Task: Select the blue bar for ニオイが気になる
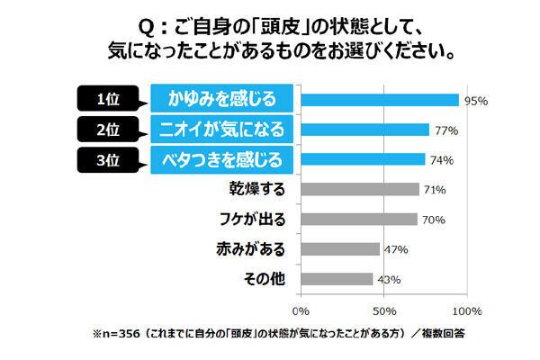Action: (x=364, y=130)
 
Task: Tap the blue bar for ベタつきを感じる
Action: (x=363, y=159)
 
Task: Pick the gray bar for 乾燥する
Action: (x=360, y=189)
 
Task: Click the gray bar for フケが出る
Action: (x=359, y=219)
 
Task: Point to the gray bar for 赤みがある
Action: (x=340, y=248)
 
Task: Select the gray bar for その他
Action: (x=337, y=279)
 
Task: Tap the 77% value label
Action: (x=445, y=130)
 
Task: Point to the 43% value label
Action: (x=388, y=280)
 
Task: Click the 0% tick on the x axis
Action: (x=301, y=310)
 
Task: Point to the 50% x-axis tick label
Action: (x=384, y=310)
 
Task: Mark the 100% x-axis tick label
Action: (x=465, y=310)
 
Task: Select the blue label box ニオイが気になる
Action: (x=222, y=130)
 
